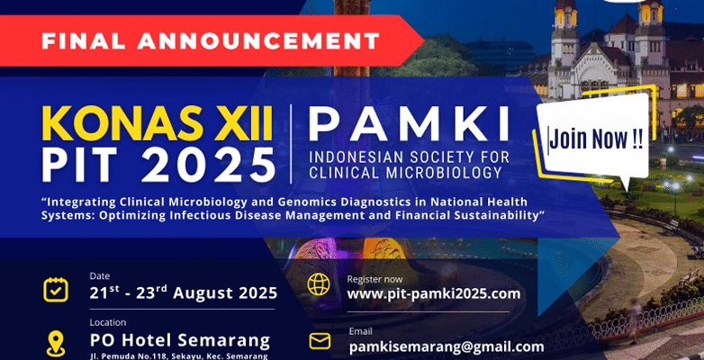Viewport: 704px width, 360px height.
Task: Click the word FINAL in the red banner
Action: point(85,40)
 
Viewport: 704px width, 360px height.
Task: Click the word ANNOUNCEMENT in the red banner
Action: point(259,40)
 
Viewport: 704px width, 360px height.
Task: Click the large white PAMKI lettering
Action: point(409,123)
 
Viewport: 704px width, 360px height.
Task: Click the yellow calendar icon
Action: point(56,290)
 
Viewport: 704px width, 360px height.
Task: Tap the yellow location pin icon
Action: point(56,344)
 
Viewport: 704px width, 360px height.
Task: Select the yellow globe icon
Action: point(319,284)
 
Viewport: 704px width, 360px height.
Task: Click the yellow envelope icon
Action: point(320,342)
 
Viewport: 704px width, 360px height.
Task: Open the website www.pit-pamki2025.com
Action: point(434,294)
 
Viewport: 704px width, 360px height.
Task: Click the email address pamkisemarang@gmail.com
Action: point(447,347)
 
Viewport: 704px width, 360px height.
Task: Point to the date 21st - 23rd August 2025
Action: point(183,293)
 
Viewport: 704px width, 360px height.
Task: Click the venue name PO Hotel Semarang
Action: point(180,340)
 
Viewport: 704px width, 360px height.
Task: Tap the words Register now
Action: point(375,280)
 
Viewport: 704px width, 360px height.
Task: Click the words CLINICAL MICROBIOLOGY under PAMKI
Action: point(405,173)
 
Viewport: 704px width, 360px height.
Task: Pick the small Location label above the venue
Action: point(108,322)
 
